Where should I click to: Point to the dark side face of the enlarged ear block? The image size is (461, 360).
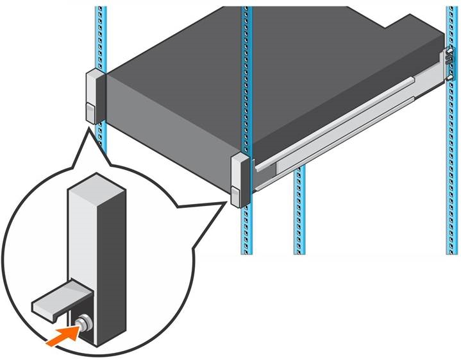click(x=110, y=257)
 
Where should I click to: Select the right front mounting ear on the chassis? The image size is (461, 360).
click(x=239, y=180)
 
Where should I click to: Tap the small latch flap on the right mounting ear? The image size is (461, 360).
click(x=236, y=196)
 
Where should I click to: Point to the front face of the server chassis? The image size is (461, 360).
click(x=167, y=128)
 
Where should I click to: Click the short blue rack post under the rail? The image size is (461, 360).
click(x=299, y=212)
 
